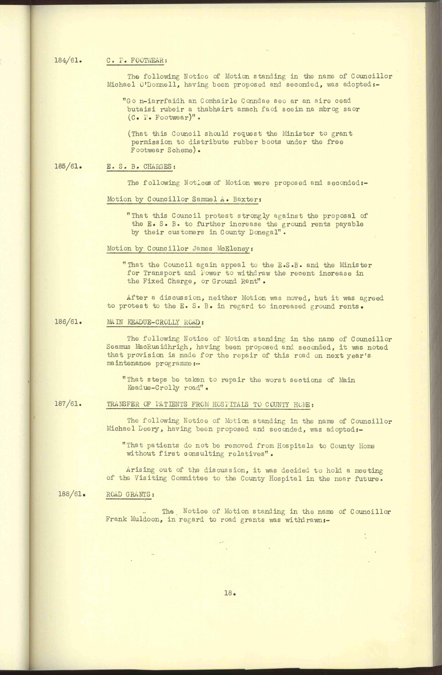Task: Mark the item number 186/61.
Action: pos(68,322)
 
